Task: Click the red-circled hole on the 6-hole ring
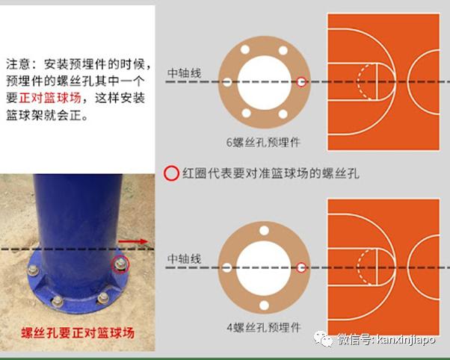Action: click(x=302, y=81)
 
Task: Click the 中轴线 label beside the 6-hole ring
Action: click(x=184, y=73)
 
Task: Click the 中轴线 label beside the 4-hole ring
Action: click(x=184, y=258)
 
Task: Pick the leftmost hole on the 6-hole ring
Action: click(x=227, y=81)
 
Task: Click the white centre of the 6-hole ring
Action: click(x=265, y=81)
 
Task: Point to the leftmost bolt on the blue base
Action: click(x=35, y=271)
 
